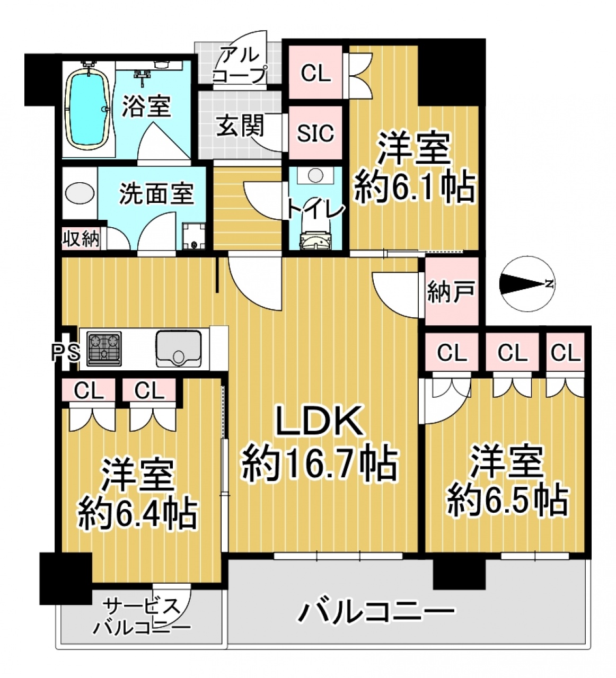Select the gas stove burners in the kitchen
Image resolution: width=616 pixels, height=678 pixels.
point(104,349)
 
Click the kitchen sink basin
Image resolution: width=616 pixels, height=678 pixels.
point(179,349)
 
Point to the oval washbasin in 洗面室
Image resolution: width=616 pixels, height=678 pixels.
point(78,193)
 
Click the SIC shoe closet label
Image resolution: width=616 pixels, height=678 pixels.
point(315,133)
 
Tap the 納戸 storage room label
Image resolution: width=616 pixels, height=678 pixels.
point(451,291)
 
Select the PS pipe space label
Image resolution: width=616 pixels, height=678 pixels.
point(66,353)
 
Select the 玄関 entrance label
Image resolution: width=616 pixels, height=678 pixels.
point(240,126)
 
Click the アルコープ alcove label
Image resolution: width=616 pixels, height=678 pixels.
point(240,65)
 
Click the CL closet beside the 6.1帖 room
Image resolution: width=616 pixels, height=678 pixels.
point(315,74)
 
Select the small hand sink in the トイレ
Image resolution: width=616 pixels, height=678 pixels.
point(316,175)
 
